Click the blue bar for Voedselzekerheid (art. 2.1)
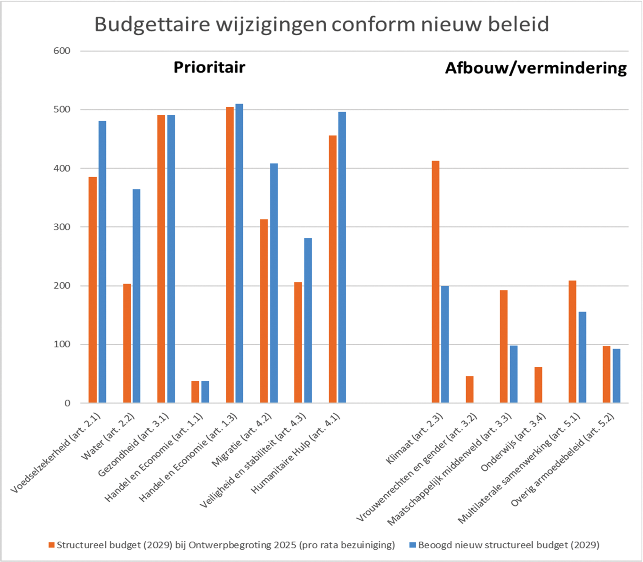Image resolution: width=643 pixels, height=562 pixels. pos(102,262)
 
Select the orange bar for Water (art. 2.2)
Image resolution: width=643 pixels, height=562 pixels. pos(127,343)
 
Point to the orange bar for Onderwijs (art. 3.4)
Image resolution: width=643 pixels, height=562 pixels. pos(538,385)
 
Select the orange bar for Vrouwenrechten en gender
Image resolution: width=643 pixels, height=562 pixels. pos(469,389)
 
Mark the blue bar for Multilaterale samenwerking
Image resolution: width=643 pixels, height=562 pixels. pos(582,357)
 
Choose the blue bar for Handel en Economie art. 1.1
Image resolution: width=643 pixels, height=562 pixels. pos(205,391)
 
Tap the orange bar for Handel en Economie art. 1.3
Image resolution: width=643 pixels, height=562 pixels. pos(230,255)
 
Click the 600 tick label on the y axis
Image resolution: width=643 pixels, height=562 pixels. pos(62,51)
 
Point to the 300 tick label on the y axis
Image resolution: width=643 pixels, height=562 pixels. pos(62,227)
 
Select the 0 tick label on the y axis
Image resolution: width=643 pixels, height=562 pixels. pos(67,403)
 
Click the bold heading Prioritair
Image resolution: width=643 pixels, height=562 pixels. pos(209,67)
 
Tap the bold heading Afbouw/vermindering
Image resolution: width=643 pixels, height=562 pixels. pos(536,68)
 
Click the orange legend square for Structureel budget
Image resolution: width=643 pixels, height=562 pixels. pos(52,545)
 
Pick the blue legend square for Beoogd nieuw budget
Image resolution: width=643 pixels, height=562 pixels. pos(413,545)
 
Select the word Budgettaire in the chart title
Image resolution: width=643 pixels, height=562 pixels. pos(152,24)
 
